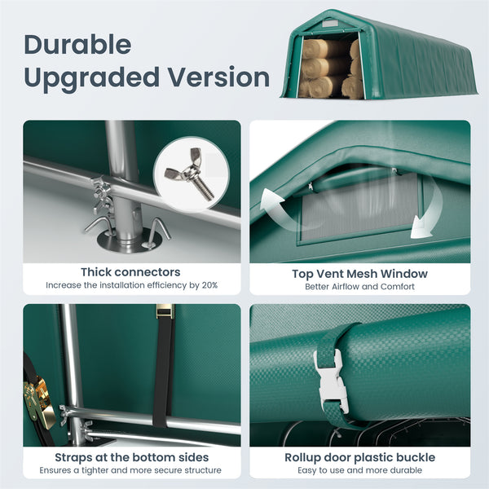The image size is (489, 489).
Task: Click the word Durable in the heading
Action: [77, 45]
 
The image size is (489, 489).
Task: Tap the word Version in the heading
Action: [219, 77]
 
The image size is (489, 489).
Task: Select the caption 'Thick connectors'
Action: [130, 272]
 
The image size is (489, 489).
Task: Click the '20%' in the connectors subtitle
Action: [209, 285]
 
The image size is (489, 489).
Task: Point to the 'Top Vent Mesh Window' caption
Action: [359, 274]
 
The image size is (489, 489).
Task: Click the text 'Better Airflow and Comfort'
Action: [359, 286]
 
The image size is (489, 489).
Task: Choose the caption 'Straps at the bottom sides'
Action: [131, 457]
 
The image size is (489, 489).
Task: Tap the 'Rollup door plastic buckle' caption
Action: [359, 457]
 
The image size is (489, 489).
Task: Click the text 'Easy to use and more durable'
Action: [359, 470]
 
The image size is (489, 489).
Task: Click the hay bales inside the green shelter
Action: [330, 69]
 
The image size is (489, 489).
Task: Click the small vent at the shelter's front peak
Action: [330, 24]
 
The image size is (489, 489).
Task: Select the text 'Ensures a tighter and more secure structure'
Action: [130, 470]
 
